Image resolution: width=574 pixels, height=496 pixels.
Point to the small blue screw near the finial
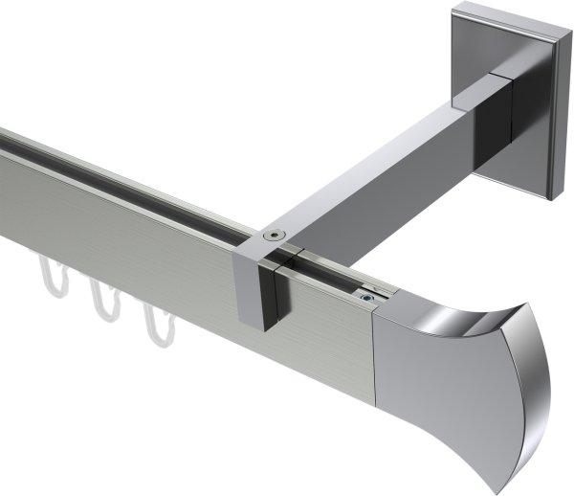point(366,298)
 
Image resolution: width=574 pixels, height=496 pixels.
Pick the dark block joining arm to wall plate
point(499,105)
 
